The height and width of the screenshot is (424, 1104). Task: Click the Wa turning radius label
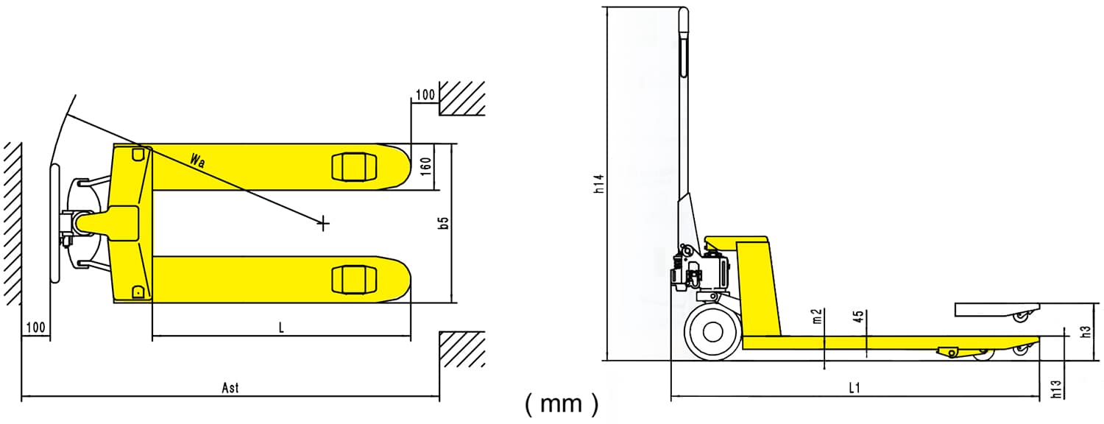[x=197, y=160]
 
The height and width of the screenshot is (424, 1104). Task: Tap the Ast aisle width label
[x=230, y=387]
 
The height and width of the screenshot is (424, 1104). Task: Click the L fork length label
[x=280, y=328]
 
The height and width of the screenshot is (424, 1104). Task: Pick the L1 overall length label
[x=854, y=388]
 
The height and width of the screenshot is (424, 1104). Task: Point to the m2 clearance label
[x=817, y=317]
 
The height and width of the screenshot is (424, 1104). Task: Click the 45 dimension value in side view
[x=858, y=317]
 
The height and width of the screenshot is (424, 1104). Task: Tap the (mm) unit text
[x=562, y=403]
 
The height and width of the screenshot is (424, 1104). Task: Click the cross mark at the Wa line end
[x=323, y=222]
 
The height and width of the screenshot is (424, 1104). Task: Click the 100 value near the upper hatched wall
[x=425, y=94]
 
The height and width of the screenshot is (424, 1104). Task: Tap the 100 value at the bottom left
[x=35, y=328]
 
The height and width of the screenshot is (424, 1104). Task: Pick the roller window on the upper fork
[x=354, y=167]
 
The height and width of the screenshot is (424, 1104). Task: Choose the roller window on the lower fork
[x=354, y=279]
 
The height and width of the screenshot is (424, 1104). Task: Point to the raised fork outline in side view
[x=997, y=309]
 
